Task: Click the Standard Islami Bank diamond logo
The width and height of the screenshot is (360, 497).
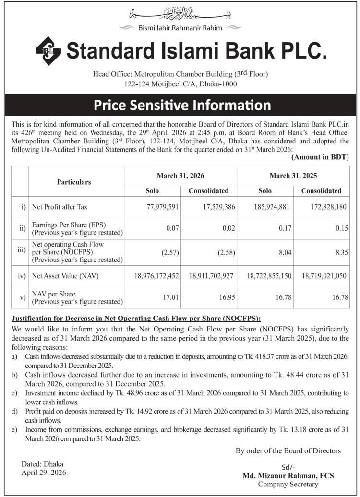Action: point(48,51)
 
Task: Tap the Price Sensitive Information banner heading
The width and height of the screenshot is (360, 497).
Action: point(182,105)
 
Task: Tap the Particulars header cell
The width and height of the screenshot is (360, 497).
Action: point(74,182)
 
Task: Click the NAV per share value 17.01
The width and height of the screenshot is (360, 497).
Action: point(171,297)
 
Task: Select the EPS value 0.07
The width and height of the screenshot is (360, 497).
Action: point(172,228)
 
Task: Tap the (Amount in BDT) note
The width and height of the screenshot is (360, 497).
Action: point(320,157)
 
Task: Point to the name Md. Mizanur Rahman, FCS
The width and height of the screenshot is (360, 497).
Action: point(288,476)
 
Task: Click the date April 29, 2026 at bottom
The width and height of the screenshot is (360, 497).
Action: point(44,473)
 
